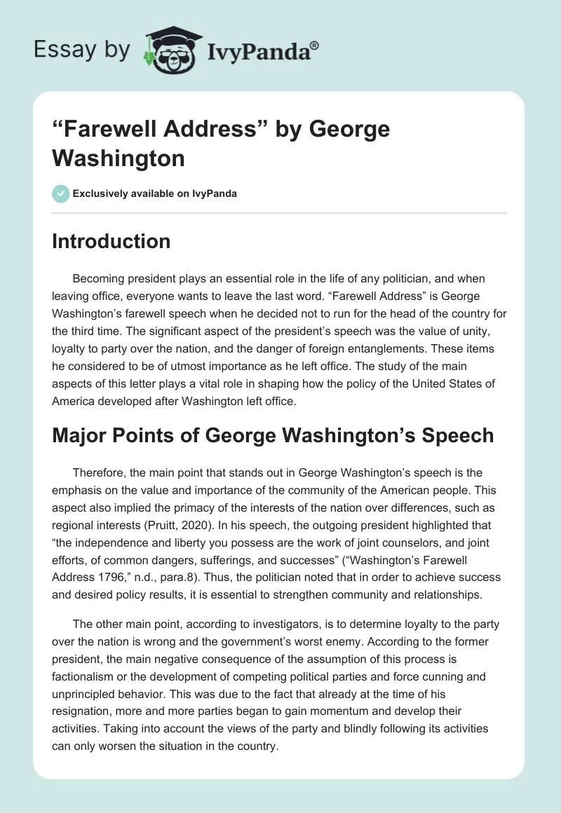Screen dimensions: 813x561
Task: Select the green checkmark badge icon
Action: coord(61,193)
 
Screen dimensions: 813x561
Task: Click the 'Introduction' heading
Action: coord(111,241)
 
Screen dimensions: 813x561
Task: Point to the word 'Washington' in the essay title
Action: coord(118,158)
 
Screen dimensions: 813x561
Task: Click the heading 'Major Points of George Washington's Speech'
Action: coord(273,435)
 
